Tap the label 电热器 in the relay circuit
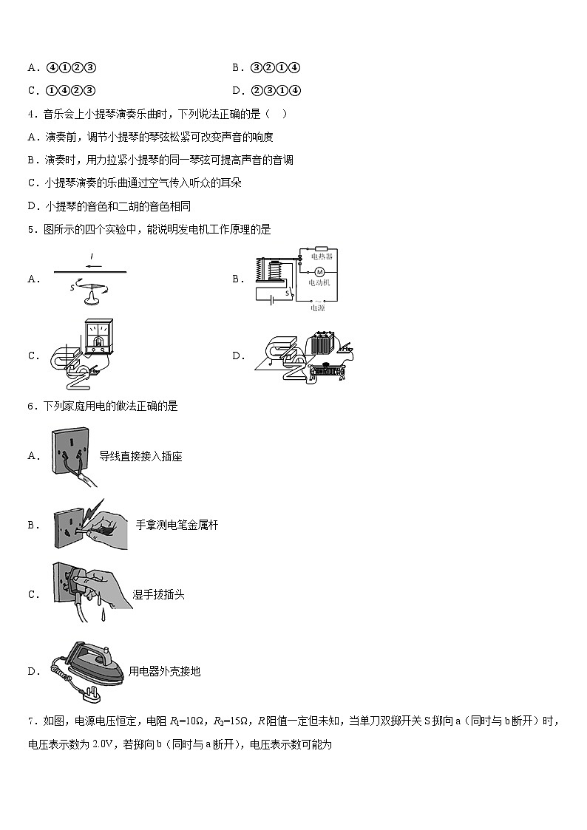pos(322,256)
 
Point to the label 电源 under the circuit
pos(317,307)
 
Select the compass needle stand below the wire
pos(92,296)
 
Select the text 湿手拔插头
pos(158,594)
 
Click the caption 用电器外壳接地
pos(164,671)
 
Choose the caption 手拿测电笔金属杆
pos(177,525)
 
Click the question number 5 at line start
pos(30,229)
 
